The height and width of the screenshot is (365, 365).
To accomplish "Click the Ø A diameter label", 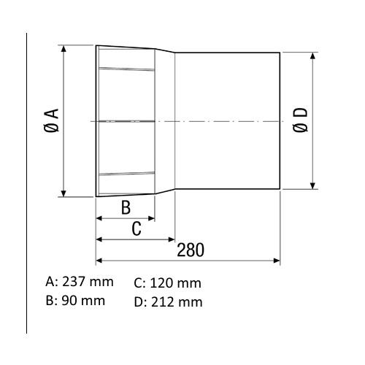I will pyautogui.click(x=51, y=120).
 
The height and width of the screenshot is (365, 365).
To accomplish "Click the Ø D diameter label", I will pyautogui.click(x=301, y=120).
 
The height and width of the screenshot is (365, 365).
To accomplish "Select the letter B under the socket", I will pyautogui.click(x=125, y=207).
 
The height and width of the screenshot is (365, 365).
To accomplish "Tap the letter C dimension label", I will pyautogui.click(x=136, y=228).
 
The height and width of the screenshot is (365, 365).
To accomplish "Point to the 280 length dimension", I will pyautogui.click(x=191, y=250).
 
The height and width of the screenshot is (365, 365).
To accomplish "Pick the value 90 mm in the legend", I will pyautogui.click(x=82, y=301).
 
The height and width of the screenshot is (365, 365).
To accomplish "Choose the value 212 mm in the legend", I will pyautogui.click(x=177, y=301).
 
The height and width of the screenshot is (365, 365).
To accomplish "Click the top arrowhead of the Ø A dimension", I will pyautogui.click(x=65, y=49).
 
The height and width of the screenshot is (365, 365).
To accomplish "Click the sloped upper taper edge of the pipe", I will pyautogui.click(x=165, y=50).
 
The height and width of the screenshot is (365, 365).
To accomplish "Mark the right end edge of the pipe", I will pyautogui.click(x=280, y=120).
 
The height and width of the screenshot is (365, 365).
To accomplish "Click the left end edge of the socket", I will pyautogui.click(x=96, y=120).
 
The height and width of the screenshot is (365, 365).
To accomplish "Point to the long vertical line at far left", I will pyautogui.click(x=27, y=182).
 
